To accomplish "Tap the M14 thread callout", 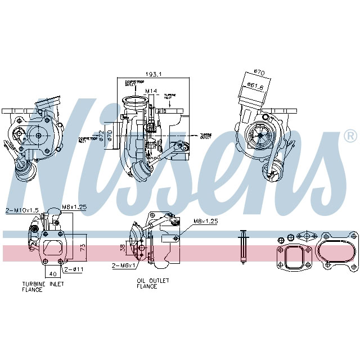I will click(151, 91).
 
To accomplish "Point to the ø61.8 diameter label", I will click(257, 85).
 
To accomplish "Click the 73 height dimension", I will click(83, 247).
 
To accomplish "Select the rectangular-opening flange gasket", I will click(292, 258).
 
